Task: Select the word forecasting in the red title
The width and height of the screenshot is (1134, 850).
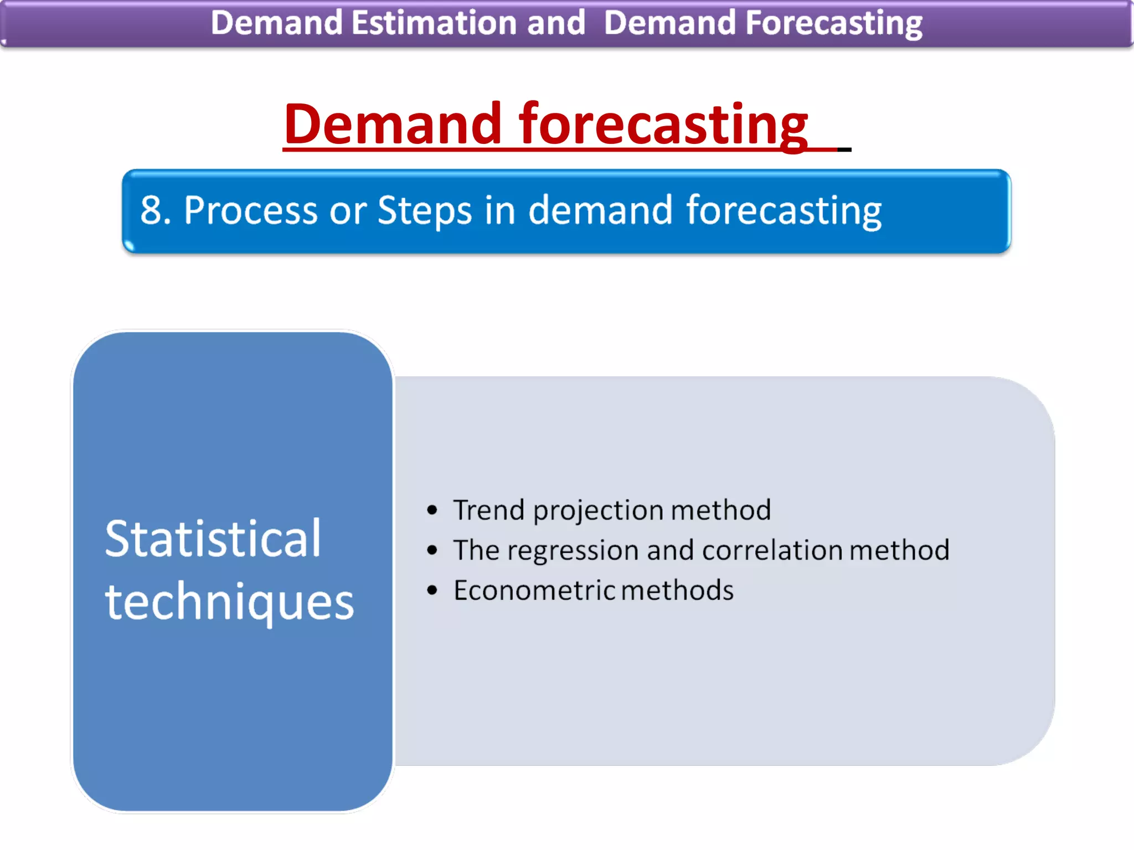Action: point(663,125)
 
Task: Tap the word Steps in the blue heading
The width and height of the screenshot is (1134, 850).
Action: point(424,211)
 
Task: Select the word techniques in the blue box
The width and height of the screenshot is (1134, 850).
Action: point(229,602)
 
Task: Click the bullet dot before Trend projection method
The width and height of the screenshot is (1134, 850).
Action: point(432,510)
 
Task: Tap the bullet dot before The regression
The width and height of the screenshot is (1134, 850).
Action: point(432,550)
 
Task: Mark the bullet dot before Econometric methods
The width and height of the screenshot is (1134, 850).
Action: point(432,590)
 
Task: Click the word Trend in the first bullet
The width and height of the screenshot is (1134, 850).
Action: point(488,510)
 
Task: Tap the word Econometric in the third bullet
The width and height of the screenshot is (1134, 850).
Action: point(534,590)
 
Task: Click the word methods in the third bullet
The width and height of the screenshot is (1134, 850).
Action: point(677,590)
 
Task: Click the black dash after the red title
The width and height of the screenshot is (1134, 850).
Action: point(844,149)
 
